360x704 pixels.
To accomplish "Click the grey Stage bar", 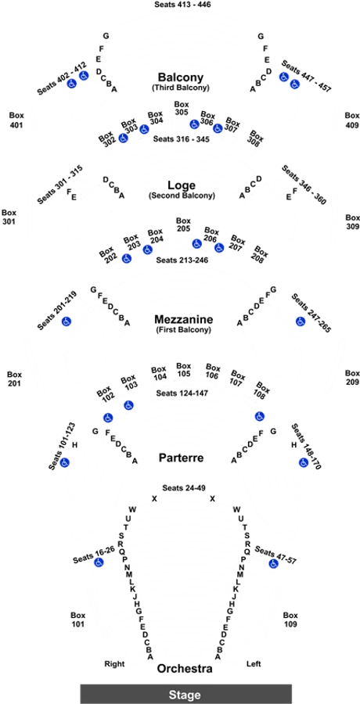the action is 186,694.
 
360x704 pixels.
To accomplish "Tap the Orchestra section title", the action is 185,669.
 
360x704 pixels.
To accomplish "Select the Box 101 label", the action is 77,620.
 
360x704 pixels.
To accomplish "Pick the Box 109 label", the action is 290,620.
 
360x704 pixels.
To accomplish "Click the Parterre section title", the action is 181,458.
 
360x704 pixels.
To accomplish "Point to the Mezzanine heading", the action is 182,319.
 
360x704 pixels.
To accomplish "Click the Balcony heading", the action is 181,77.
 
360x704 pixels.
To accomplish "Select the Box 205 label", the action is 183,224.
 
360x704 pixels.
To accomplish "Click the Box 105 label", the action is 183,369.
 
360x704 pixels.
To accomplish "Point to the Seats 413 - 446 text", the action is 182,5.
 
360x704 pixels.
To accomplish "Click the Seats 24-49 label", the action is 182,488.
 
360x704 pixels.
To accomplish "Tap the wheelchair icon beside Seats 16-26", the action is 99,562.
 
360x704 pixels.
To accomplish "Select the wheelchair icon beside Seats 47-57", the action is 273,563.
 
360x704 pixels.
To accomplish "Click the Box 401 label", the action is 16,120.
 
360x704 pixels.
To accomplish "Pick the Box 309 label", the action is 352,222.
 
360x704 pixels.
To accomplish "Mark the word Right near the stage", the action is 114,663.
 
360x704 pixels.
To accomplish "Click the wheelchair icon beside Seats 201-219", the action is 67,321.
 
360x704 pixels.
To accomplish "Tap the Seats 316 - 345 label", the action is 181,139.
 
